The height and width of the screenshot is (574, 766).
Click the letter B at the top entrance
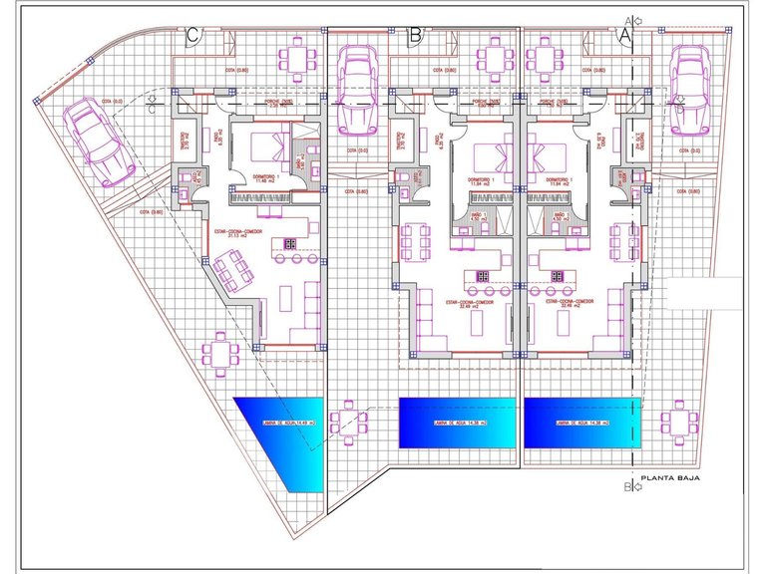click(x=416, y=33)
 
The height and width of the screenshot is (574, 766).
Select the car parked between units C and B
click(x=357, y=90)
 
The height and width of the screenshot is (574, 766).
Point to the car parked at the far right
click(x=690, y=86)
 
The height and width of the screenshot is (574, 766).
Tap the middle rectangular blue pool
click(x=457, y=423)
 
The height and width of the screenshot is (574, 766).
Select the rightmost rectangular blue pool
click(x=579, y=423)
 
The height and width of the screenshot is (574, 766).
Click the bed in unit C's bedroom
click(x=265, y=147)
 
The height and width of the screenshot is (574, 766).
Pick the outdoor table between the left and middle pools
click(x=349, y=423)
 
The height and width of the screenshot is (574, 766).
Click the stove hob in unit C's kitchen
click(x=290, y=242)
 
